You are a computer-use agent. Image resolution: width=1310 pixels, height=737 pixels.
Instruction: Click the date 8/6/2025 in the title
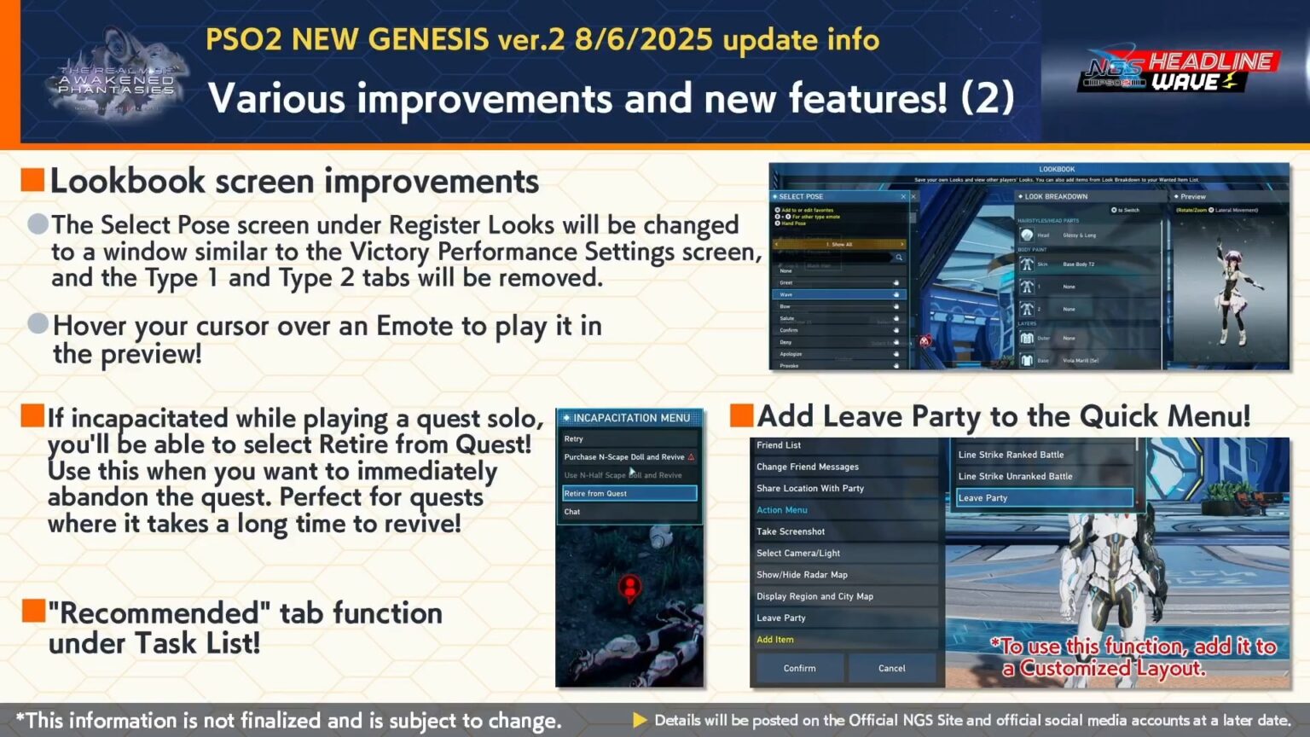click(x=644, y=39)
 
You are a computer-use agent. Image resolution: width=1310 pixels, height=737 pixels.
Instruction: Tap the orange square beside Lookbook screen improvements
click(x=32, y=180)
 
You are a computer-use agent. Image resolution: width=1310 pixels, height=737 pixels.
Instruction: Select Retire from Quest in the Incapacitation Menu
click(x=629, y=493)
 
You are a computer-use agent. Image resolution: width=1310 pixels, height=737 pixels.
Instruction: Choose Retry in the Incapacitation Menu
click(x=574, y=438)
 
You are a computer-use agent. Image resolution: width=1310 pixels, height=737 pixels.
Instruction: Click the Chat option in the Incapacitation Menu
click(x=572, y=512)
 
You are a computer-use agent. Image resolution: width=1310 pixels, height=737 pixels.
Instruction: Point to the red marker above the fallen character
click(x=629, y=587)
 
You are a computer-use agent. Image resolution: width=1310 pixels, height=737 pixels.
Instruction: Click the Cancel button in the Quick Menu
click(x=891, y=668)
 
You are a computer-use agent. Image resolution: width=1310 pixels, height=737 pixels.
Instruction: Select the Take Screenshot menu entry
click(x=791, y=531)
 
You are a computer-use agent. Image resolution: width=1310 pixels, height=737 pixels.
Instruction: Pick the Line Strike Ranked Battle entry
click(x=1011, y=455)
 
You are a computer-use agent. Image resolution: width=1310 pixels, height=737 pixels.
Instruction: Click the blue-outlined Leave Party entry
click(x=1044, y=497)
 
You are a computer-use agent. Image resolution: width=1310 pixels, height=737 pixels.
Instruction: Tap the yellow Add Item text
click(x=774, y=639)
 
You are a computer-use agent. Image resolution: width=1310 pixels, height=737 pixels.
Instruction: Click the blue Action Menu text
click(x=781, y=510)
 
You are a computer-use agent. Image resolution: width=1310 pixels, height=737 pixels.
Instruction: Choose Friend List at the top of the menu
click(x=779, y=445)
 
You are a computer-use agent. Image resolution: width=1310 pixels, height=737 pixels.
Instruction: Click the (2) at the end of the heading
click(x=987, y=97)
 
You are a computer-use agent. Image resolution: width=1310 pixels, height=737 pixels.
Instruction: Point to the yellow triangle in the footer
click(x=640, y=720)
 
